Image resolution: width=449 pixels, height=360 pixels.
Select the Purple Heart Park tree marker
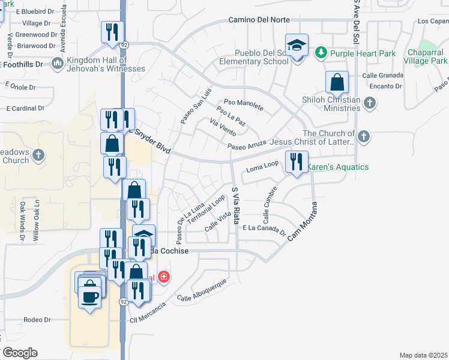pyautogui.click(x=321, y=53)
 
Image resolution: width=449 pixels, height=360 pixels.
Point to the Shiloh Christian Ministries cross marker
pyautogui.click(x=370, y=104)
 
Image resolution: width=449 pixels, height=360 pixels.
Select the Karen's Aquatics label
pyautogui.click(x=338, y=167)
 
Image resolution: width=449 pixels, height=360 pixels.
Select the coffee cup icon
pyautogui.click(x=91, y=296)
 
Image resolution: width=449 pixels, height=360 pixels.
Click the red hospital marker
pyautogui.click(x=163, y=277)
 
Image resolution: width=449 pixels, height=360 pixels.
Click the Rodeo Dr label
pyautogui.click(x=37, y=320)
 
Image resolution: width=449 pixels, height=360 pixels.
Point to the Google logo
pyautogui.click(x=19, y=353)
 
